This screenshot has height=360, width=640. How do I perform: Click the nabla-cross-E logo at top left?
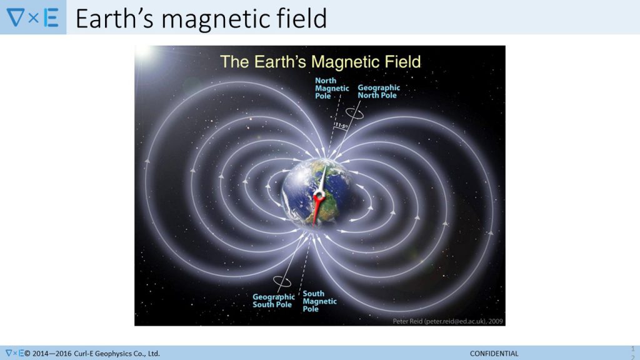pyautogui.click(x=32, y=17)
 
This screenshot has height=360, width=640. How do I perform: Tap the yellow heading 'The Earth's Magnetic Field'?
pyautogui.click(x=321, y=62)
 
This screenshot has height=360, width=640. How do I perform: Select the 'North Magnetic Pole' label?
pyautogui.click(x=332, y=88)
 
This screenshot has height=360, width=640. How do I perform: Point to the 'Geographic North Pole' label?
pyautogui.click(x=379, y=91)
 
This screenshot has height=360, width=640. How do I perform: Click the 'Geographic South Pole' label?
pyautogui.click(x=274, y=301)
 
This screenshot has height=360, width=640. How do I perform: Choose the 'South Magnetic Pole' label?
pyautogui.click(x=319, y=301)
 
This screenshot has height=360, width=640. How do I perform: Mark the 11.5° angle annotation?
pyautogui.click(x=341, y=125)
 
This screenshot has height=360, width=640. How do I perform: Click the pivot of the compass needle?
pyautogui.click(x=319, y=197)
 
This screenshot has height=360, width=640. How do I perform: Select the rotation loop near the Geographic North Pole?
pyautogui.click(x=354, y=113)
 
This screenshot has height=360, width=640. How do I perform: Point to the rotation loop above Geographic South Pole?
pyautogui.click(x=282, y=282)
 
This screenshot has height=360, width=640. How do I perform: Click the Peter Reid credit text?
pyautogui.click(x=447, y=321)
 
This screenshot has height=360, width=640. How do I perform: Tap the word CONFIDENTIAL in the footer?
pyautogui.click(x=494, y=354)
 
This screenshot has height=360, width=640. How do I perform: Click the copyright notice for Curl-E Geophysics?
pyautogui.click(x=92, y=354)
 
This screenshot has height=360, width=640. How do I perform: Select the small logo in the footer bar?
pyautogui.click(x=14, y=353)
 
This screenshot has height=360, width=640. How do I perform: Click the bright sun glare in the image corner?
pyautogui.click(x=143, y=52)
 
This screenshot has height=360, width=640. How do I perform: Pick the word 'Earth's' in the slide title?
pyautogui.click(x=115, y=18)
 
